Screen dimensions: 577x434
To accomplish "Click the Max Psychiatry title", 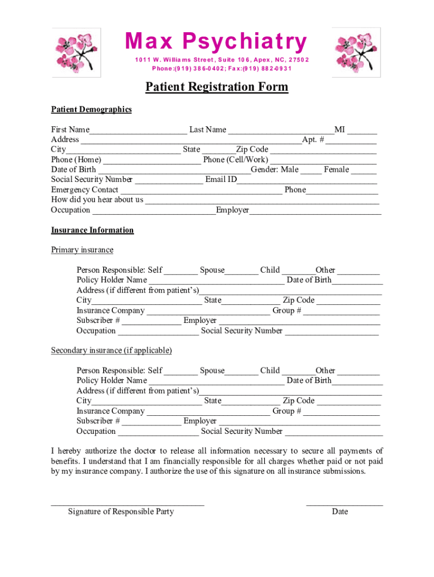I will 216,42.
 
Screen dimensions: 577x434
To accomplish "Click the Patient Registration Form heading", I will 216,87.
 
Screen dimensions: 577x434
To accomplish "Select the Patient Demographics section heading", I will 91,109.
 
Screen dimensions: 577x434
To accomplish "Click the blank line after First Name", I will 138,131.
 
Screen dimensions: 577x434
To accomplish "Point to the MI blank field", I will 362,131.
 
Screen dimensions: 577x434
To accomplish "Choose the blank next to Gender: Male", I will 311,171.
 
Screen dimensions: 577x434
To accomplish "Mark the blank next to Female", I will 364,171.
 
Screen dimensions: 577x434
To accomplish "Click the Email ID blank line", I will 307,181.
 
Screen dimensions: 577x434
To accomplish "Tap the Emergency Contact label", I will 85,190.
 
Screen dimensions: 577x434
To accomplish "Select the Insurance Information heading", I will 92,230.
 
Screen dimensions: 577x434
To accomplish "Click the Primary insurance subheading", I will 82,250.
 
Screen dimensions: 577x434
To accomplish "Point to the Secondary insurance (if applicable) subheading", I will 112,350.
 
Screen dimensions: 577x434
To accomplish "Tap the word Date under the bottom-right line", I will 340,512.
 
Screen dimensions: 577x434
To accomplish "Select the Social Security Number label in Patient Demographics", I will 92,180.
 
